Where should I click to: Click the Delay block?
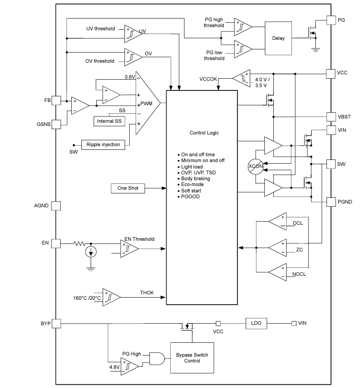click(278, 38)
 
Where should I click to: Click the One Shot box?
click(128, 188)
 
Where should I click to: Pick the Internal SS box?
click(109, 121)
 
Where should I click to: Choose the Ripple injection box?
click(103, 144)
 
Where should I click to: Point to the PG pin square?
click(331, 20)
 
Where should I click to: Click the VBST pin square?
click(331, 116)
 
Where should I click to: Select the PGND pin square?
click(331, 202)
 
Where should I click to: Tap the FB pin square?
click(55, 100)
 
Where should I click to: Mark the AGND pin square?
click(55, 205)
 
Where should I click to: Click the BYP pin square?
click(55, 323)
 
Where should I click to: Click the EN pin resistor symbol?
click(80, 243)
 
